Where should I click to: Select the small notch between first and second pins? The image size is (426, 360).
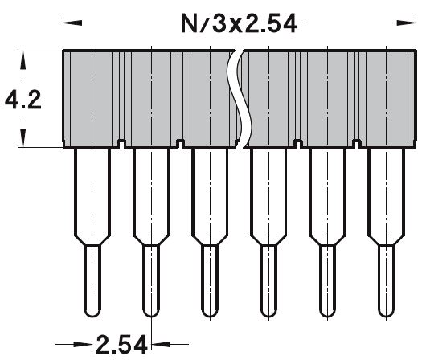(x=121, y=145)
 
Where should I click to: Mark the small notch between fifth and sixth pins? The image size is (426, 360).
(x=355, y=145)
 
